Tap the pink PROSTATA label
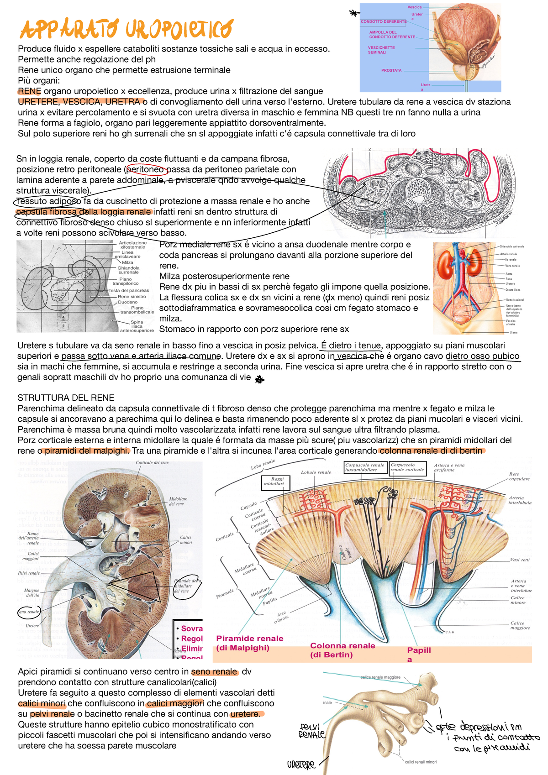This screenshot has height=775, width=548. (x=391, y=71)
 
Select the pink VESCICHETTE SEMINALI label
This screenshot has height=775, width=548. (x=381, y=50)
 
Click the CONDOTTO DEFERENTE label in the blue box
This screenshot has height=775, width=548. (x=384, y=21)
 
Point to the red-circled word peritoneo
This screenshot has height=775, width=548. (x=146, y=169)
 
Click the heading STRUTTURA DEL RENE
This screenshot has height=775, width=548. (x=66, y=398)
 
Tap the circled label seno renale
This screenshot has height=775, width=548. (x=28, y=612)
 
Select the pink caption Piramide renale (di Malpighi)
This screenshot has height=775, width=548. (x=249, y=643)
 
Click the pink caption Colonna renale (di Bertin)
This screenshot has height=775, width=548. (x=342, y=650)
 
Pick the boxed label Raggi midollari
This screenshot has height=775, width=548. (x=274, y=481)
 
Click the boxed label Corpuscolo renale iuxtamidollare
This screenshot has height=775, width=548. (x=364, y=467)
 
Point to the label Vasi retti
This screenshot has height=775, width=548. (x=520, y=560)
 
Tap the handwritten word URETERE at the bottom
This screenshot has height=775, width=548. (x=301, y=765)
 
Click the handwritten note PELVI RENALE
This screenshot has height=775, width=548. (x=311, y=730)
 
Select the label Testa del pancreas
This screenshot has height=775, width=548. (x=129, y=290)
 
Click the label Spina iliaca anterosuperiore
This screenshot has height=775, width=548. (x=137, y=326)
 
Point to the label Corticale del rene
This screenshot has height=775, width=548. (x=152, y=462)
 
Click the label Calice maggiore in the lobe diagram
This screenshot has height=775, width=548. (x=520, y=625)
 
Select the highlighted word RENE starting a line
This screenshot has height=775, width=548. (x=29, y=91)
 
